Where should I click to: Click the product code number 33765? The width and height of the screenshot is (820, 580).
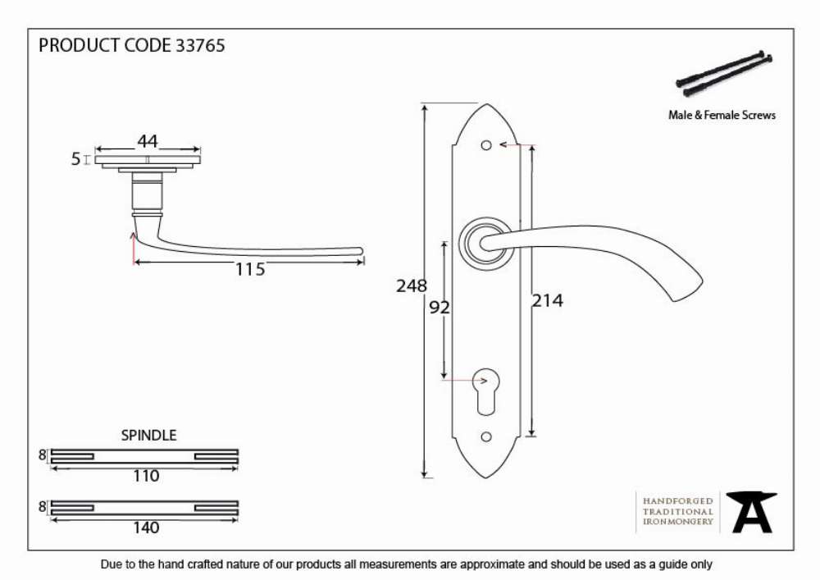coord(200,45)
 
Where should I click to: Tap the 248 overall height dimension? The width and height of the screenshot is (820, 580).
coord(412,285)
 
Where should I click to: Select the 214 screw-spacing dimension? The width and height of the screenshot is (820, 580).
coord(548,301)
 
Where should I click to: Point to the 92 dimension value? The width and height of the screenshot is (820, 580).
coord(440,308)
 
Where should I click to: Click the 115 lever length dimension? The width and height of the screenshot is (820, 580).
coord(250,269)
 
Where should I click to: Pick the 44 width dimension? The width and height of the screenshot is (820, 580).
coord(148,141)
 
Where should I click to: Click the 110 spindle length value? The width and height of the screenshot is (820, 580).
coord(146,476)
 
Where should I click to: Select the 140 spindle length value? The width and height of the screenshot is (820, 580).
coord(146,527)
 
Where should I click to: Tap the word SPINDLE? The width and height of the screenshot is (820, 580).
coord(149,435)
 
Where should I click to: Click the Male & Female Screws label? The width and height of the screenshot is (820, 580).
coord(722,115)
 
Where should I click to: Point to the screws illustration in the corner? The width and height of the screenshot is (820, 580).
coord(724,74)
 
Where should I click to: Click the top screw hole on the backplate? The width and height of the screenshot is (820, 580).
coord(486,145)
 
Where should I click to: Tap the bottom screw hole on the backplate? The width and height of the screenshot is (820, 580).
coord(486,436)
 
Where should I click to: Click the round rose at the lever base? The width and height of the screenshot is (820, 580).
coord(486,243)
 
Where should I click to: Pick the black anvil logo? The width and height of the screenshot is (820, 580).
coord(752,512)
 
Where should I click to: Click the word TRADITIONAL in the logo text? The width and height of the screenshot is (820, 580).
coord(678,511)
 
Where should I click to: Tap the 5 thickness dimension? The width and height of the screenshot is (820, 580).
coord(75,158)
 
